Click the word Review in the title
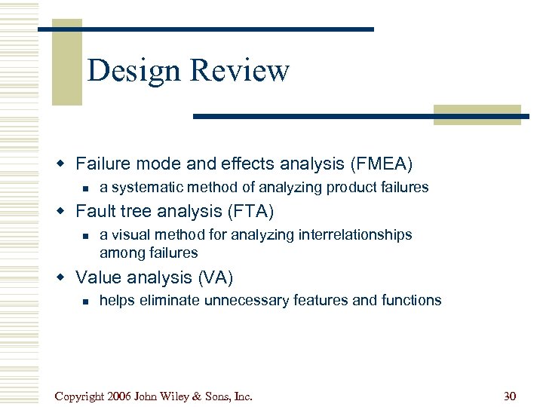[239, 71]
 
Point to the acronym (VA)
[215, 277]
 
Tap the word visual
[129, 235]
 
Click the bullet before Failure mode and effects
[66, 163]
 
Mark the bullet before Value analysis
[66, 277]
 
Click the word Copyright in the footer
[79, 396]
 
